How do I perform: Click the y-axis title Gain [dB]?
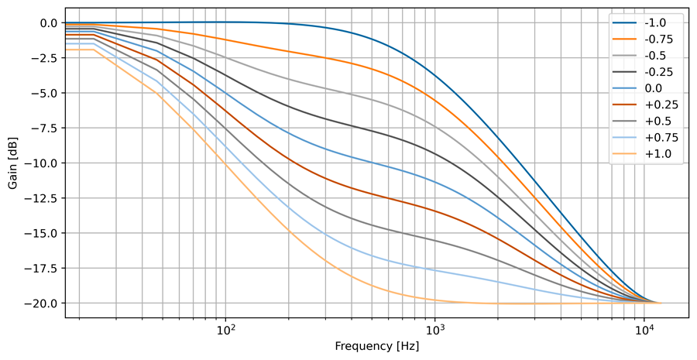tap(13, 163)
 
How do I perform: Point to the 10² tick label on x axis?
tap(225, 329)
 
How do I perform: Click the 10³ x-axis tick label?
tap(435, 329)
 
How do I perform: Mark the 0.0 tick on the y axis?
tap(46, 23)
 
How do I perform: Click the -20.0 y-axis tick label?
tap(41, 303)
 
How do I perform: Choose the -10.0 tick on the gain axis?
tap(41, 163)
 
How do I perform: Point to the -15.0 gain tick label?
tap(41, 233)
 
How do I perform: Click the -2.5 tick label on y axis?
tap(43, 58)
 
